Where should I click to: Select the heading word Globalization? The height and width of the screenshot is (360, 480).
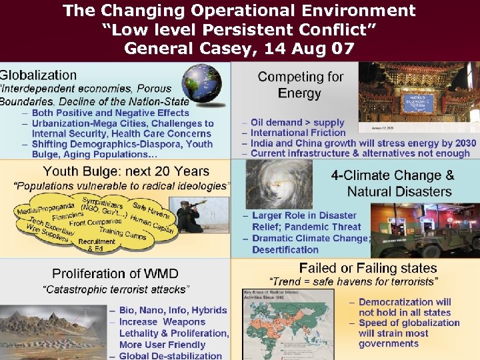click(x=39, y=75)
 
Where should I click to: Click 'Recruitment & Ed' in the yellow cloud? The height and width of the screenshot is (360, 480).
click(x=101, y=245)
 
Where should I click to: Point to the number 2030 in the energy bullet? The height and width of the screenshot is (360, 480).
click(x=462, y=143)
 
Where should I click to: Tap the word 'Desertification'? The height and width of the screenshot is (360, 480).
click(x=285, y=250)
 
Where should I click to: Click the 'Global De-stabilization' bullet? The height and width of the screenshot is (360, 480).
click(x=171, y=355)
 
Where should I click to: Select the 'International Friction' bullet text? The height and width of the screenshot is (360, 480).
click(x=298, y=133)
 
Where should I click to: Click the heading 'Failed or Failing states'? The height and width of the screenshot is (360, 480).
click(x=359, y=268)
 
